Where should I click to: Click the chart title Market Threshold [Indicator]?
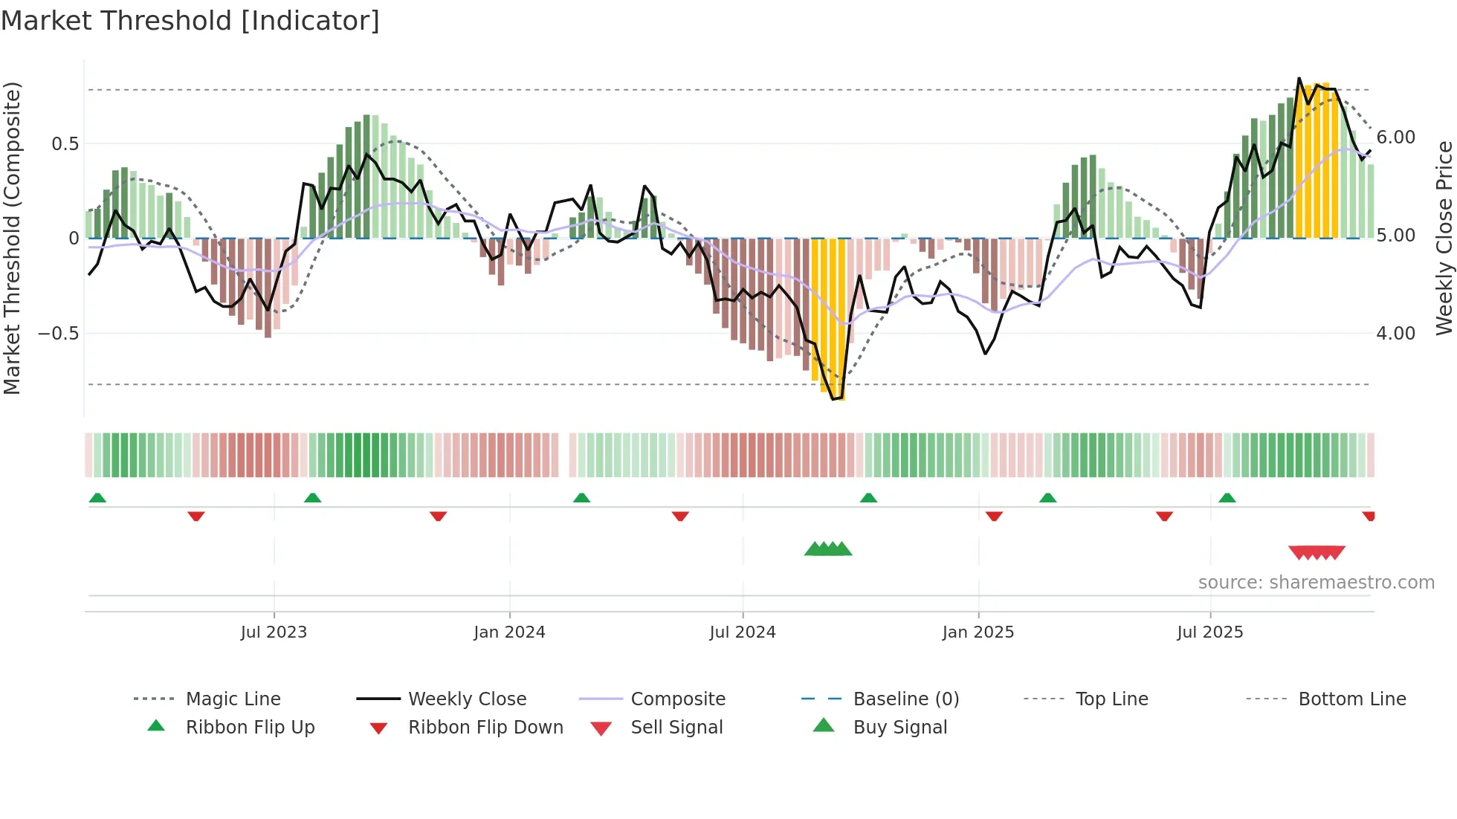(x=190, y=21)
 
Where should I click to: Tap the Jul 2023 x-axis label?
(x=274, y=632)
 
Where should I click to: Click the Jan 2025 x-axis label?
(x=978, y=632)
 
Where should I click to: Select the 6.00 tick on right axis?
(x=1395, y=137)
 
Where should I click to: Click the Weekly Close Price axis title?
(x=1444, y=238)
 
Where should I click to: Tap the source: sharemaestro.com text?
(x=1316, y=583)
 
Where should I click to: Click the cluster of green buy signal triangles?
(x=828, y=550)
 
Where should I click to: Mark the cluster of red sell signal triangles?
(x=1317, y=552)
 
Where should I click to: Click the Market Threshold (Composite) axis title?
(x=12, y=238)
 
